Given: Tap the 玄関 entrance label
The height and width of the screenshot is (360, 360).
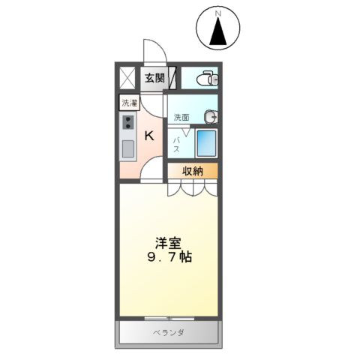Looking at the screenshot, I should click(x=155, y=77).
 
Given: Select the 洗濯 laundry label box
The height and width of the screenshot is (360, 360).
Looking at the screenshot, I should click(x=130, y=104).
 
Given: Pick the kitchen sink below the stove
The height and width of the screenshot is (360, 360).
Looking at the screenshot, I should click(x=128, y=149).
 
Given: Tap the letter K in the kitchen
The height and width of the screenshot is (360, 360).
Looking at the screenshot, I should click(x=148, y=136).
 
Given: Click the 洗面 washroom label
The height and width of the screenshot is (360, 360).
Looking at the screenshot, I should click(x=181, y=117).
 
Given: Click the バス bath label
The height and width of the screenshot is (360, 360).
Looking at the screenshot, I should click(x=178, y=143).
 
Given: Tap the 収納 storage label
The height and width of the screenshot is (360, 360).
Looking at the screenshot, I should click(x=193, y=171).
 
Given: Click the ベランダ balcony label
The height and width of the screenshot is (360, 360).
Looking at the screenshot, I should click(x=169, y=332).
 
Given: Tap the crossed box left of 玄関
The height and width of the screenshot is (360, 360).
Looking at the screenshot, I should click(x=127, y=77).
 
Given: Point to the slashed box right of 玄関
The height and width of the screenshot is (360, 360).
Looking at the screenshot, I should click(x=173, y=77).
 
